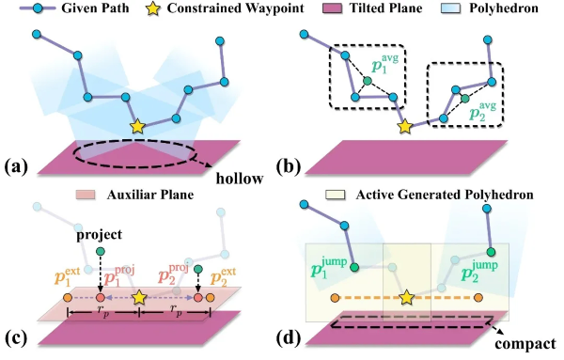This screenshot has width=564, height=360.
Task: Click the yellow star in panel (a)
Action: [x=137, y=125]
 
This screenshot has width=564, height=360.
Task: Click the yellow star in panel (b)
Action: [x=406, y=125]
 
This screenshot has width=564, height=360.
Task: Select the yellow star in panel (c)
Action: [x=139, y=298]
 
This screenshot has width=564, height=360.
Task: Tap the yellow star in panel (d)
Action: [x=406, y=299]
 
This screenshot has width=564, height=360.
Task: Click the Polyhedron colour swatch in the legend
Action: [x=454, y=10]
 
